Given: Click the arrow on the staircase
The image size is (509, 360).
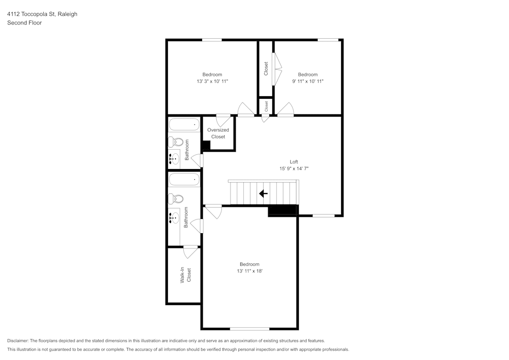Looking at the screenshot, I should tap(263, 193).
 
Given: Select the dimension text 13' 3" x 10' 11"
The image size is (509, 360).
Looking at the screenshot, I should tap(212, 81).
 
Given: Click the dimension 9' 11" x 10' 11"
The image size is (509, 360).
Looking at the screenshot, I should tap(307, 81).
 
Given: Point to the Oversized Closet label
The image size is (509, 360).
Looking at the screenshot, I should tap(218, 133).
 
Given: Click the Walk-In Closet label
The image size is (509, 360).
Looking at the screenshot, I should tap(185, 275).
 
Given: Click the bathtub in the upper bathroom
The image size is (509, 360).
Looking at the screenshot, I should tap(184, 124).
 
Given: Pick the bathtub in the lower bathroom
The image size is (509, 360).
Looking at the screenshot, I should tap(184, 179).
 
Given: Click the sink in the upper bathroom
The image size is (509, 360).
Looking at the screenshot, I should tap(175, 159).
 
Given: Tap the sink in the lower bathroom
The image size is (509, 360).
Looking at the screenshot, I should tap(175, 218).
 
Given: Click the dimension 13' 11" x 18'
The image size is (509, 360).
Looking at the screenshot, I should tap(249, 271).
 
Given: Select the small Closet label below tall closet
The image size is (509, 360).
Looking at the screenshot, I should tap(266, 106).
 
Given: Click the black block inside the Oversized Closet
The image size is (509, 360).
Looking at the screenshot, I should tap(206, 146).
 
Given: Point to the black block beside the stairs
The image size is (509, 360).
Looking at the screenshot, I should tap(282, 210).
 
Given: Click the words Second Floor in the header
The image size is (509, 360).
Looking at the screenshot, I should tap(24, 23).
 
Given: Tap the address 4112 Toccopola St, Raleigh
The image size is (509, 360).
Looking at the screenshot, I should tap(42, 14).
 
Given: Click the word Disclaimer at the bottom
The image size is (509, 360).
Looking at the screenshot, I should tap(18, 341).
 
